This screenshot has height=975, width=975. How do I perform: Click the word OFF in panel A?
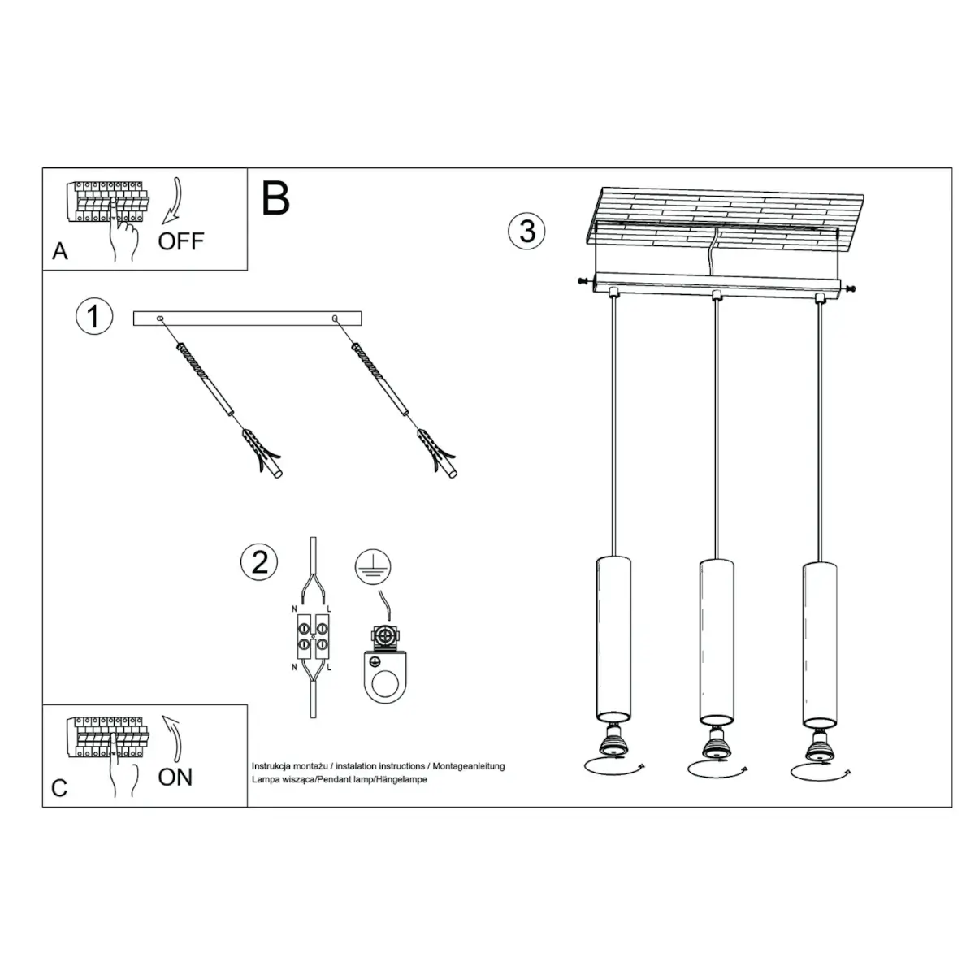point(181,240)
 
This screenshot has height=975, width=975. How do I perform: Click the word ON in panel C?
point(175,777)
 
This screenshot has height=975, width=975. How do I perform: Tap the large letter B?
point(276,198)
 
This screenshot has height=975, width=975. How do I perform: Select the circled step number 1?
point(93,316)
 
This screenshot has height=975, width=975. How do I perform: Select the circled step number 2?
point(260,561)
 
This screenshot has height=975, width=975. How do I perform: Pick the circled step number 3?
point(527,231)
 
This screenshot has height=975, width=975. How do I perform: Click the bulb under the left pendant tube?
point(612,742)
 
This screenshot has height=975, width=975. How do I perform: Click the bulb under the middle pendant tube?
point(716,742)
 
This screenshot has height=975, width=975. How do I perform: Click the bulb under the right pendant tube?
point(818,742)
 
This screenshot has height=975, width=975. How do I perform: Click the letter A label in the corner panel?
point(60,252)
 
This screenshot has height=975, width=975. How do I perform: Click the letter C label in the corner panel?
point(59,788)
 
